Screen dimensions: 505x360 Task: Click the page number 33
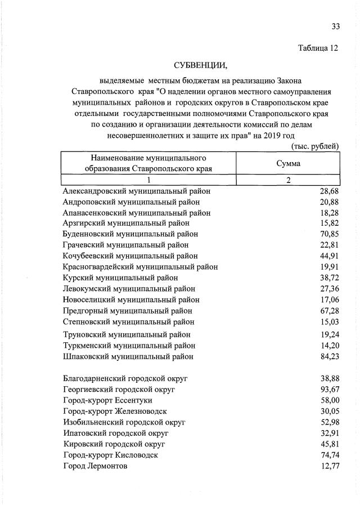[336, 26]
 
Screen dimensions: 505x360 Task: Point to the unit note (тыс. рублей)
[314, 146]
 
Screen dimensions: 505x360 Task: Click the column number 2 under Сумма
[288, 180]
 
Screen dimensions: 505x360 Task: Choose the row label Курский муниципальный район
[120, 278]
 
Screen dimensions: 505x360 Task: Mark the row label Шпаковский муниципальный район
[128, 356]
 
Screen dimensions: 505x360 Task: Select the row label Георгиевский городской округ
[119, 389]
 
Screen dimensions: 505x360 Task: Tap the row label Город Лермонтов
[95, 466]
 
